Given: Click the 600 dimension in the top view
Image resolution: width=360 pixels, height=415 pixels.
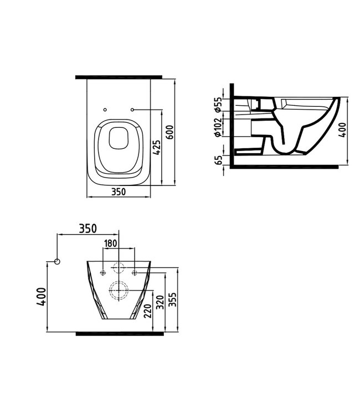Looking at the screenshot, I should [171, 133].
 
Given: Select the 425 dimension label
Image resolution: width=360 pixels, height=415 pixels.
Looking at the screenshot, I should [157, 148].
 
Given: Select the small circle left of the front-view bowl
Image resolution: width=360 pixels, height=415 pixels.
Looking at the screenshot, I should [58, 261].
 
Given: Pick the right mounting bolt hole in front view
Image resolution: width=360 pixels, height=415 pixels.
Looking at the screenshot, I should [135, 271].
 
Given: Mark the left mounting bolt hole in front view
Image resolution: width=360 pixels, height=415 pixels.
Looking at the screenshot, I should [101, 271].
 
